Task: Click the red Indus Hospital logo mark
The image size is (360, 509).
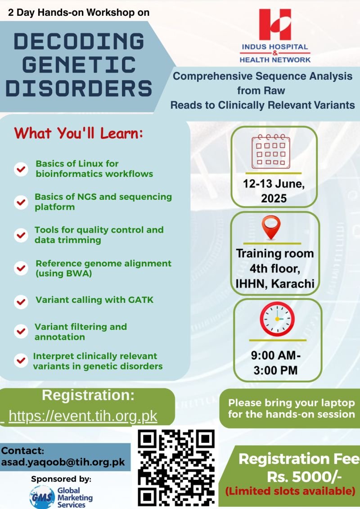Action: pyautogui.click(x=275, y=24)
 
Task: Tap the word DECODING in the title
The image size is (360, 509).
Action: pyautogui.click(x=79, y=41)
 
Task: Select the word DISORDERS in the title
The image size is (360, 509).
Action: pyautogui.click(x=79, y=88)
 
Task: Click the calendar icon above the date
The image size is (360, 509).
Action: pyautogui.click(x=271, y=152)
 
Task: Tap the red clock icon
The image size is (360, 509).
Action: pyautogui.click(x=277, y=319)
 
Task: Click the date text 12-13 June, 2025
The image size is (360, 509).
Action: pyautogui.click(x=274, y=191)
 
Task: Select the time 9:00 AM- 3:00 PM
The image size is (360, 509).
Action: pyautogui.click(x=275, y=363)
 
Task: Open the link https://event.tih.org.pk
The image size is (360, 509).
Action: pyautogui.click(x=83, y=416)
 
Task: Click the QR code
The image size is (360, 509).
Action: pyautogui.click(x=176, y=468)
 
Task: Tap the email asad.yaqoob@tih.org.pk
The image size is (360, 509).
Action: pyautogui.click(x=63, y=462)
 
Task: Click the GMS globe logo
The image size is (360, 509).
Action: pyautogui.click(x=42, y=497)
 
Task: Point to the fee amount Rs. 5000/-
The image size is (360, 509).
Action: pyautogui.click(x=304, y=477)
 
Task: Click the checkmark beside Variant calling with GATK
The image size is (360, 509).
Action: pyautogui.click(x=21, y=302)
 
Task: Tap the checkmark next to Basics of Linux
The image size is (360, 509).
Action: pyautogui.click(x=21, y=169)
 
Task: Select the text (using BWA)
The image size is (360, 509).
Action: pyautogui.click(x=63, y=273)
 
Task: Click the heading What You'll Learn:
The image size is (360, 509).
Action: pyautogui.click(x=78, y=133)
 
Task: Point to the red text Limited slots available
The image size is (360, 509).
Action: pyautogui.click(x=290, y=491)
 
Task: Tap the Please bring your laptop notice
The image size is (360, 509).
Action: pyautogui.click(x=291, y=408)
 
